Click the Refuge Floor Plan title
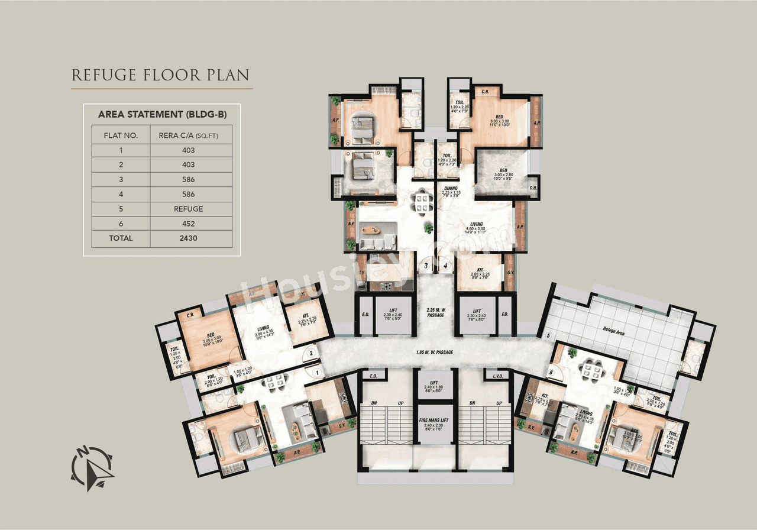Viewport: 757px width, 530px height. [160, 75]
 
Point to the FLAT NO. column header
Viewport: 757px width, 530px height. [121, 135]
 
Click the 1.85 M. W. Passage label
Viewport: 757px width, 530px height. [435, 352]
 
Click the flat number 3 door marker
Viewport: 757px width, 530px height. [426, 266]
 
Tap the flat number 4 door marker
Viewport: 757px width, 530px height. [445, 266]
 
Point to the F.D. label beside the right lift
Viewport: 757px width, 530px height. [504, 315]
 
